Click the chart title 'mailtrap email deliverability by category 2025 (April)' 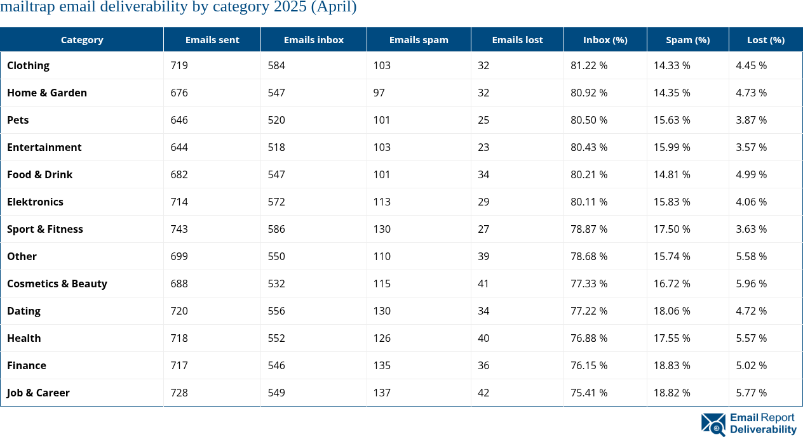[179, 8]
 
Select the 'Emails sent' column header [212, 39]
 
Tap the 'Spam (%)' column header [687, 39]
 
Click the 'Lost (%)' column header [766, 39]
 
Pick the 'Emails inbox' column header [313, 39]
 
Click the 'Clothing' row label [28, 65]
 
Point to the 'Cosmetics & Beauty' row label [57, 284]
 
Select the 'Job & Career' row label [38, 393]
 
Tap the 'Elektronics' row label [35, 202]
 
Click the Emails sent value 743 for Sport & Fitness [179, 229]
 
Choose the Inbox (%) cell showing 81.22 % [588, 65]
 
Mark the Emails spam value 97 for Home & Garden [379, 93]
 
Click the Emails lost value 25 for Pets [483, 120]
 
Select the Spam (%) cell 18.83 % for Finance [671, 365]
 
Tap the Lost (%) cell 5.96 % [751, 284]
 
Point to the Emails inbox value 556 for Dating [276, 311]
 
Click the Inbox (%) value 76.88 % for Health [588, 338]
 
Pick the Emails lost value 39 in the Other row [483, 256]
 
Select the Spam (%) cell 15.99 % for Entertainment [671, 147]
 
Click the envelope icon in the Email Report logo [713, 424]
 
